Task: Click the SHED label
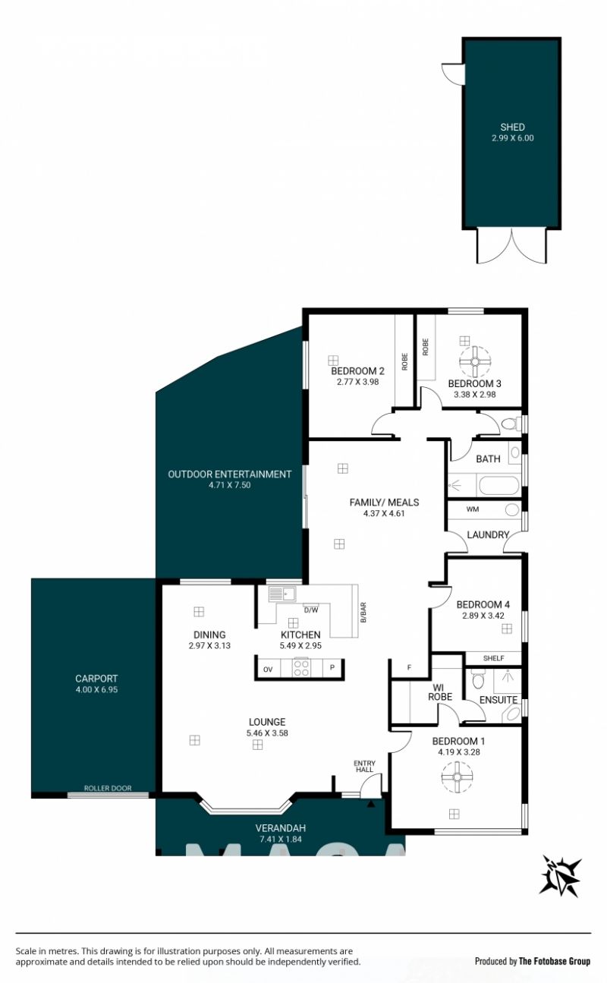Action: (512, 128)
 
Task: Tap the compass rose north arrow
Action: (560, 878)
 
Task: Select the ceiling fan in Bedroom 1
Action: (457, 777)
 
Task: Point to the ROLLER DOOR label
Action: (108, 788)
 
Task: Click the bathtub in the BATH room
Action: (498, 487)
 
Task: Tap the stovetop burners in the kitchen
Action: (301, 668)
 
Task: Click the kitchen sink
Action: (282, 594)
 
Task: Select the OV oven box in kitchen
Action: (268, 670)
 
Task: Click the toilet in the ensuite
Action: (477, 680)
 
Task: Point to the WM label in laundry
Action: (473, 509)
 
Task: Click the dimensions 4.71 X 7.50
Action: (230, 485)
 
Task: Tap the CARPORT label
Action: (96, 679)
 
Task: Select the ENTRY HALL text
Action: (364, 767)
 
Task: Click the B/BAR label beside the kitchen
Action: (363, 613)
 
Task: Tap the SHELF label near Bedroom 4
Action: (493, 658)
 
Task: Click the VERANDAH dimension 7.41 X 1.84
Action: (280, 839)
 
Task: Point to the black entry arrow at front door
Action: (371, 804)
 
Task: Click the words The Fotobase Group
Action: (555, 961)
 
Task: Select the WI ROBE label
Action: (440, 692)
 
